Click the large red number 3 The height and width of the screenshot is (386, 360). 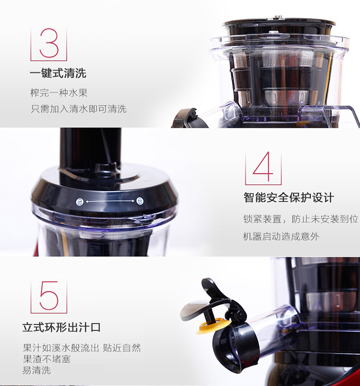(x=49, y=43)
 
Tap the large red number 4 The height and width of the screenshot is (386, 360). (x=263, y=167)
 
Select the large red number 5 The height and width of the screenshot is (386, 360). (x=49, y=295)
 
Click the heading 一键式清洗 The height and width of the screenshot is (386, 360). (x=58, y=73)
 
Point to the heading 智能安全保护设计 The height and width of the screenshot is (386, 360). (x=289, y=197)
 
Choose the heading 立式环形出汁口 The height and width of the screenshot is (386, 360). (x=61, y=327)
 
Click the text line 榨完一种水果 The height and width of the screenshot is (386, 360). (x=59, y=93)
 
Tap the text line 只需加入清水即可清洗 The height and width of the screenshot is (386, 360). (x=79, y=109)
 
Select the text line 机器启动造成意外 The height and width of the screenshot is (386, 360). (x=281, y=237)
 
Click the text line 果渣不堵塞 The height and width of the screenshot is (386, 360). (x=47, y=359)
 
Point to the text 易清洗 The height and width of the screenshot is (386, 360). (x=36, y=370)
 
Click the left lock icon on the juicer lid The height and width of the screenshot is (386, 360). (x=80, y=202)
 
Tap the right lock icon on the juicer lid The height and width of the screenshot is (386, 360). (x=140, y=201)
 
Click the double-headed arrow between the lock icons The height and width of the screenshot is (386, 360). (x=110, y=201)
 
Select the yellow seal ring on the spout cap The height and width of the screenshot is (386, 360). (x=213, y=325)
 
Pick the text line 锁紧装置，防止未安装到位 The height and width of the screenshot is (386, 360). (x=300, y=219)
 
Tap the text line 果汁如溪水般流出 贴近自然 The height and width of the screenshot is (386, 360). (x=82, y=348)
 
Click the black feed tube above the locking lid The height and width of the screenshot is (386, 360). (x=90, y=147)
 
